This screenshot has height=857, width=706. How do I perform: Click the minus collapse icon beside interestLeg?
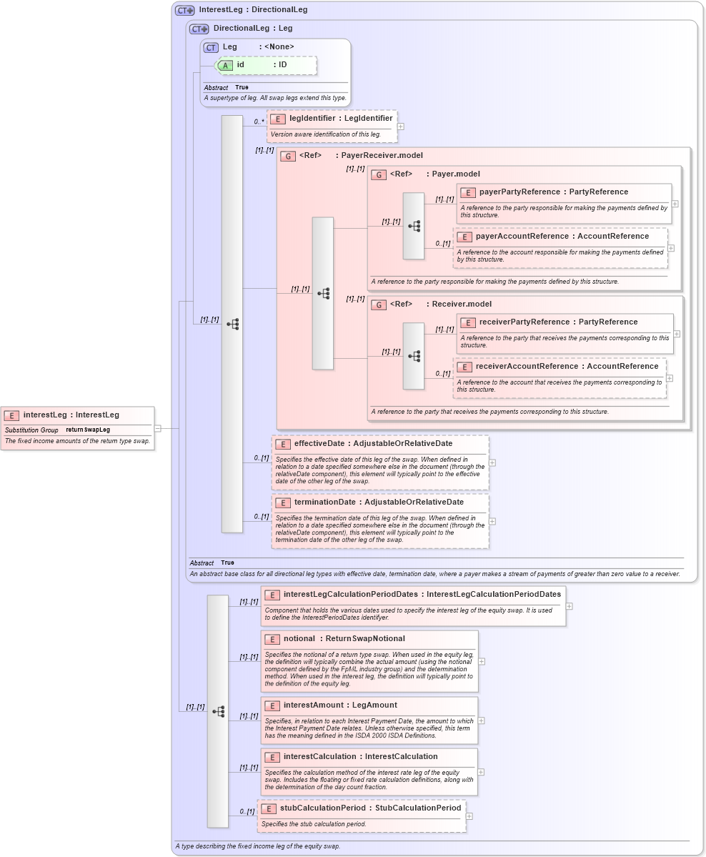[x=157, y=428]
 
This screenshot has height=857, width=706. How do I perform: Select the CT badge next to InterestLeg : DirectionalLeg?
[x=185, y=11]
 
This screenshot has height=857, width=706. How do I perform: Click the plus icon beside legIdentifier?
[x=400, y=127]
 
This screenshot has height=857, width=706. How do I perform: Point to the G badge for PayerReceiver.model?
[x=288, y=156]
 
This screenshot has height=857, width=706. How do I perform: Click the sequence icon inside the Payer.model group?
[x=414, y=226]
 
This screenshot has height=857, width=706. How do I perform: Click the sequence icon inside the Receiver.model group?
[x=414, y=356]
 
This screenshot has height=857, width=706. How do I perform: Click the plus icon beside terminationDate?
[x=492, y=521]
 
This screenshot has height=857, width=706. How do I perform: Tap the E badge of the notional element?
[x=272, y=639]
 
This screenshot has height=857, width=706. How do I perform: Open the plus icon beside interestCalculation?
[x=481, y=772]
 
